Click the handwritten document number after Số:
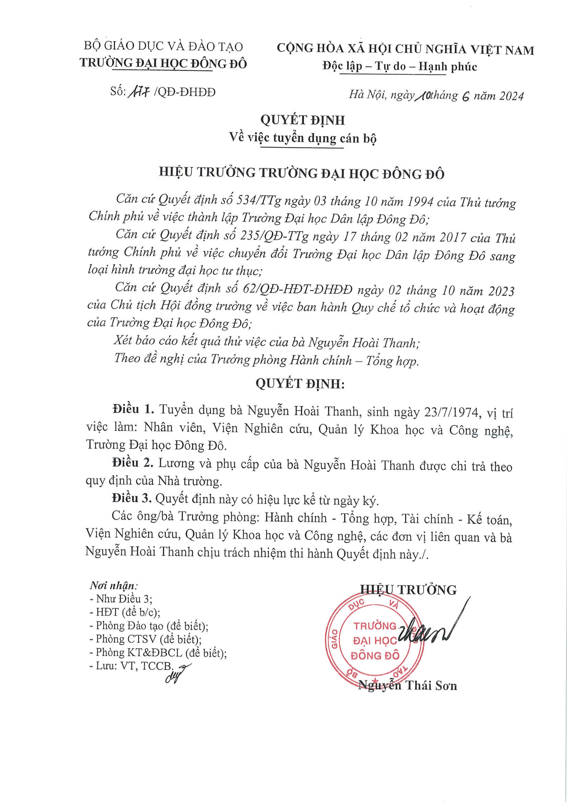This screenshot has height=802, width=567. pyautogui.click(x=139, y=92)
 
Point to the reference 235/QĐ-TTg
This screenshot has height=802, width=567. pyautogui.click(x=274, y=236)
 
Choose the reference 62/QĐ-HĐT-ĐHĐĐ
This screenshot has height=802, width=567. pyautogui.click(x=297, y=290)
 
